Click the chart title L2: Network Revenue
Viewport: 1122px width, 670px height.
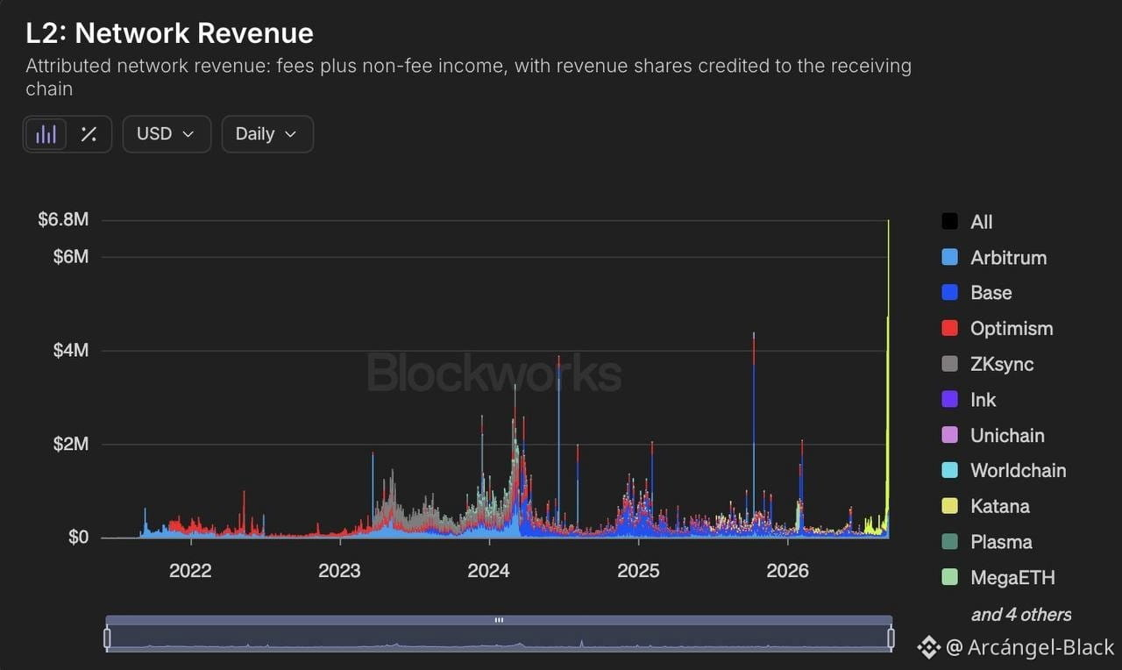169,33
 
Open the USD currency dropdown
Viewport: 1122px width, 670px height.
167,134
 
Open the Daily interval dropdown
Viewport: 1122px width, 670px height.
267,134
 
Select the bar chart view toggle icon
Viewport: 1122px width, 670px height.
46,134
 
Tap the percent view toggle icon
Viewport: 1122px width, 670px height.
89,134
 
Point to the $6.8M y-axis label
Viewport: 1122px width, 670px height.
63,219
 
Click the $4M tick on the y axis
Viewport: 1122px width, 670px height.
71,350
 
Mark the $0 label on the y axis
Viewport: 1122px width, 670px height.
78,538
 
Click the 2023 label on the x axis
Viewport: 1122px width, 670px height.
339,571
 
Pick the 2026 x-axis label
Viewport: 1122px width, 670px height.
787,571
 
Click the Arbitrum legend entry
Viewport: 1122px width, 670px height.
994,258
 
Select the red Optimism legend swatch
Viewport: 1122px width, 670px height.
949,328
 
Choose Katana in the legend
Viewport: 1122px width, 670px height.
985,506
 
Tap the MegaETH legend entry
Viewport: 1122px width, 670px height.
998,577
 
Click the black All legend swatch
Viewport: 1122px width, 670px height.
949,221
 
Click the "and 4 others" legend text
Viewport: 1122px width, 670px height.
1021,615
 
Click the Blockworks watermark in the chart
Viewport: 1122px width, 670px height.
494,373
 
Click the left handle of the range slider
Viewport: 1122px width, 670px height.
107,638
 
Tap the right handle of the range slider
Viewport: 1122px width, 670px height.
891,638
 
